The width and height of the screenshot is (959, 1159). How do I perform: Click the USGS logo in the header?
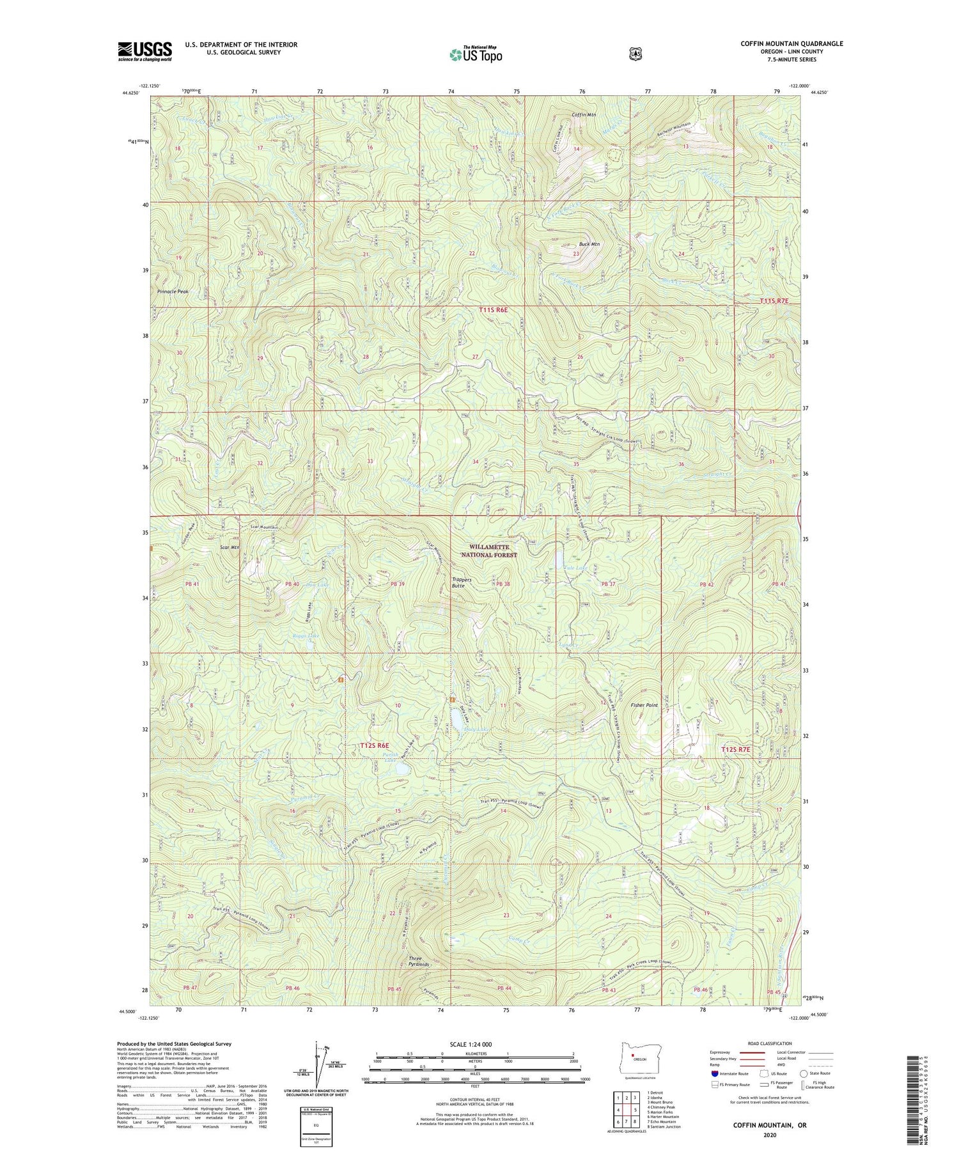pos(144,51)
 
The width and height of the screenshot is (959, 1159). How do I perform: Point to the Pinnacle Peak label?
pos(173,292)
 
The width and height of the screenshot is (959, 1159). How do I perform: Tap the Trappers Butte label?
pos(461,582)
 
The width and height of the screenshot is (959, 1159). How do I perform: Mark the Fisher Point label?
pos(644,705)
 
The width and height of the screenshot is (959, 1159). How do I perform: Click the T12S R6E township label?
pos(375,745)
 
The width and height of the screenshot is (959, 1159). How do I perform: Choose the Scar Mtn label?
pos(229,548)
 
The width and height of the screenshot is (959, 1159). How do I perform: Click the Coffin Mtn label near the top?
pos(583,115)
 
